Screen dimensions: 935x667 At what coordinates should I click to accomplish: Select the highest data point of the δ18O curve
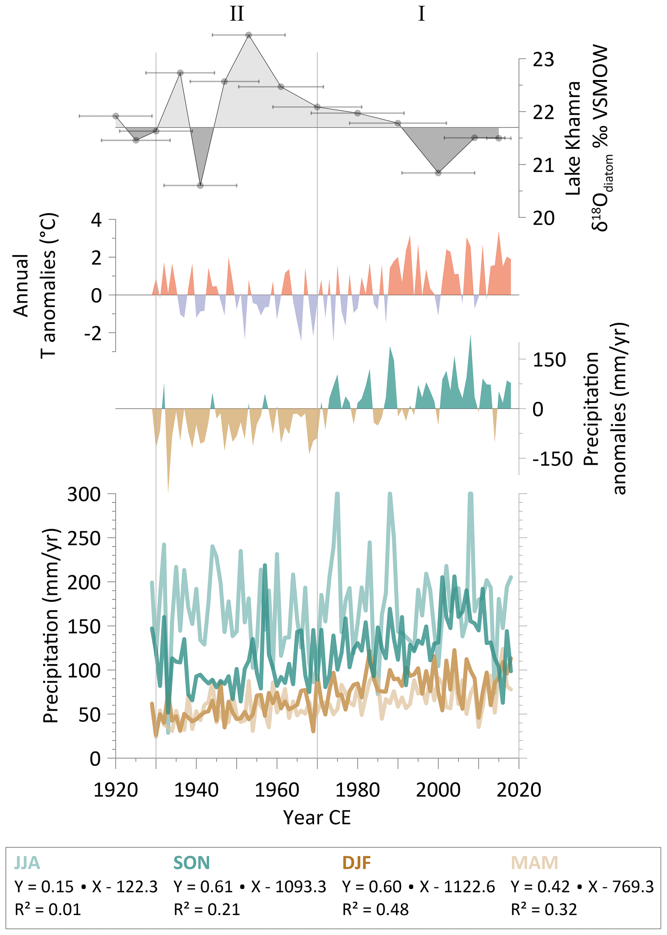click(x=248, y=35)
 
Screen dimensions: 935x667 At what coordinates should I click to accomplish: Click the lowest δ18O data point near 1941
click(x=200, y=186)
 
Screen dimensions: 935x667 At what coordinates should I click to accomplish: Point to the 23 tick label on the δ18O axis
click(x=543, y=60)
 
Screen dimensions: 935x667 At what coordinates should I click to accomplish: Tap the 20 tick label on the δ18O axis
click(x=543, y=218)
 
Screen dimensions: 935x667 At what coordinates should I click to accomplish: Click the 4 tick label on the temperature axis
click(x=96, y=220)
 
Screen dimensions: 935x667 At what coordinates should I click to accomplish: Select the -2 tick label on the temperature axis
click(x=93, y=333)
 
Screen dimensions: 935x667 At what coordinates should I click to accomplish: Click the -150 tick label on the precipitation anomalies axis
click(x=552, y=459)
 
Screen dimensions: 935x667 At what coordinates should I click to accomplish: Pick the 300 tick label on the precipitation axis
click(x=84, y=494)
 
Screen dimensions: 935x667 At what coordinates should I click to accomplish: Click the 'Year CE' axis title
click(x=317, y=818)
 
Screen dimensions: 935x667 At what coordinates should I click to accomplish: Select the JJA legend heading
click(x=27, y=863)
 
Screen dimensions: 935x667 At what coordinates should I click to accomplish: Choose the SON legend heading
click(x=191, y=863)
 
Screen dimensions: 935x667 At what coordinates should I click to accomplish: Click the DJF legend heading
click(x=357, y=863)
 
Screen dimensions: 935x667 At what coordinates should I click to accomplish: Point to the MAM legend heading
click(x=534, y=863)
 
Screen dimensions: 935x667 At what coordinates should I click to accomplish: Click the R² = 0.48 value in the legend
click(x=375, y=910)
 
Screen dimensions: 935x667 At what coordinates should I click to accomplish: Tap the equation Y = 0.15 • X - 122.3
click(x=86, y=887)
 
